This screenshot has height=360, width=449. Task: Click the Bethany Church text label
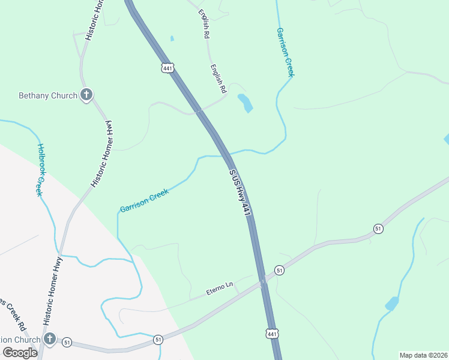(x=48, y=95)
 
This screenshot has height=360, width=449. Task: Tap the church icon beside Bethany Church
(x=86, y=95)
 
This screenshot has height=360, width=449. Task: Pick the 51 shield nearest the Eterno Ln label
(x=279, y=271)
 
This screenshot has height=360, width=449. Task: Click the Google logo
(x=20, y=353)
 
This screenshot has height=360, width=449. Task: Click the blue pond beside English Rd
(x=246, y=103)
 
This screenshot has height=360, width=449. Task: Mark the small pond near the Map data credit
(x=391, y=303)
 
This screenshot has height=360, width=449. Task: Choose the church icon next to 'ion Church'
(x=50, y=340)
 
